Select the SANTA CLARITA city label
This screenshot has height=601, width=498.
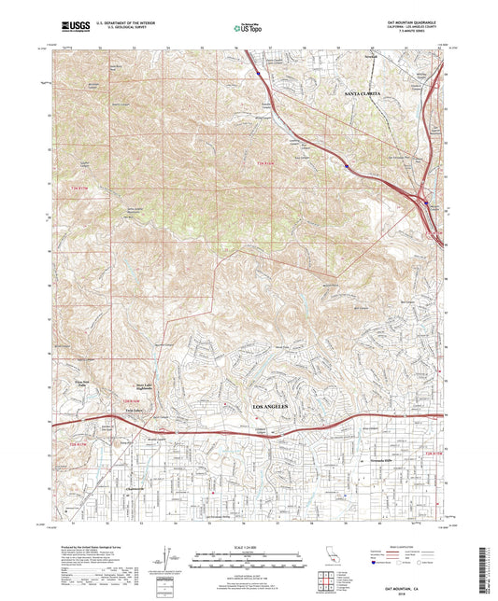point(364,94)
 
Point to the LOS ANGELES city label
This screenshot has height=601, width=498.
point(272,409)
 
